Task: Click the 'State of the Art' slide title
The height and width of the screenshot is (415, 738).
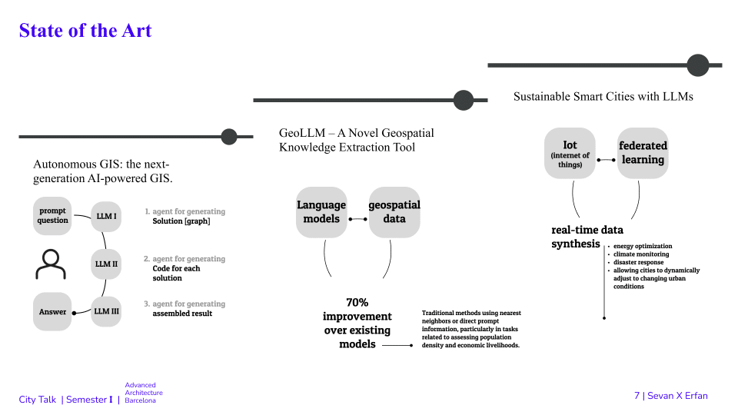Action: coord(85,31)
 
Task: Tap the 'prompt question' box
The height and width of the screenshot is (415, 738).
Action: coord(52,216)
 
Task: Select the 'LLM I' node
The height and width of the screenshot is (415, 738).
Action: coord(106,217)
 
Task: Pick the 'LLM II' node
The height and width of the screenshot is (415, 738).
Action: coord(106,264)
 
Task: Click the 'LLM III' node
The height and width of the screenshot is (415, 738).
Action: coord(106,311)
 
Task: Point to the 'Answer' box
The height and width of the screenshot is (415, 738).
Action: coord(52,312)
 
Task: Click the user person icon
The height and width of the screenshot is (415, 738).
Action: coord(51,264)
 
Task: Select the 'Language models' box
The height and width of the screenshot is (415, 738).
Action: coord(321,212)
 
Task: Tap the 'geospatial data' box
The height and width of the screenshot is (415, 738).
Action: coord(394,212)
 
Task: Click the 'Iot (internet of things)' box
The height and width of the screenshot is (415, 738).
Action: coord(570,154)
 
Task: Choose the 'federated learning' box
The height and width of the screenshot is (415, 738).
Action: coord(643,154)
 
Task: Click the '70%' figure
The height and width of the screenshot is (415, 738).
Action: coord(357,303)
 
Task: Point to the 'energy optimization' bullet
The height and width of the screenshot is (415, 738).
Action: coord(643,246)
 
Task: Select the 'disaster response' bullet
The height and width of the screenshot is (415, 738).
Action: coord(638,262)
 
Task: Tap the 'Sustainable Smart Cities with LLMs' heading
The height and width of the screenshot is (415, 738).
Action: coord(603,97)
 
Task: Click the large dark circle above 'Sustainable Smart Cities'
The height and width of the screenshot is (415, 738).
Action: coord(697,65)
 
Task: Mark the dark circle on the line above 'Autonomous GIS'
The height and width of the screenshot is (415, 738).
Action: coord(229,137)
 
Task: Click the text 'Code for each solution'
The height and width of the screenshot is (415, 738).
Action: coord(177,273)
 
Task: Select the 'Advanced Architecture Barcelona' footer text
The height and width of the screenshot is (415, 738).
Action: coord(144,393)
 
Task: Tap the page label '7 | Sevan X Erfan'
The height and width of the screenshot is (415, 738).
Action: coord(670,396)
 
